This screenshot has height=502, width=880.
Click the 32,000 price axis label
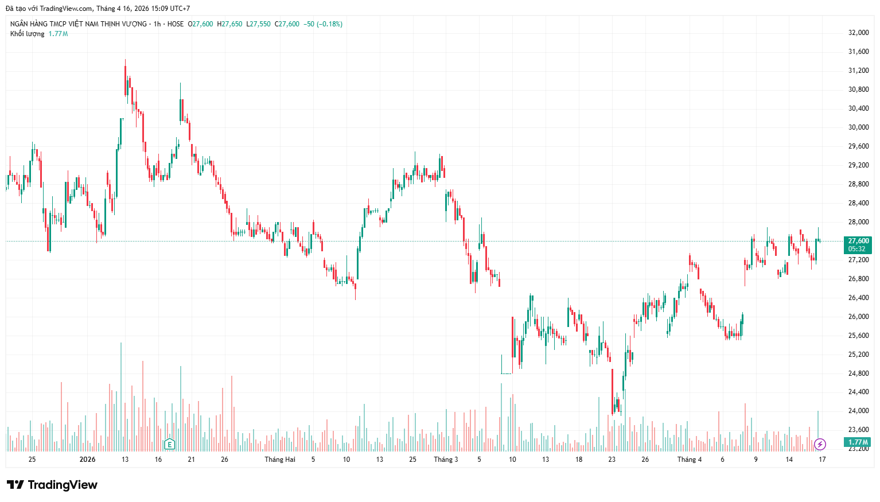858,33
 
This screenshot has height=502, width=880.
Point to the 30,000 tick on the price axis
858,127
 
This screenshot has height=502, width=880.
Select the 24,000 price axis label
858,411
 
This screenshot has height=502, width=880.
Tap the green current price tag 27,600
858,241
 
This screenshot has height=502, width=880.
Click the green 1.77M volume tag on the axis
858,442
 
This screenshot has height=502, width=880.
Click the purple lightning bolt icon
820,444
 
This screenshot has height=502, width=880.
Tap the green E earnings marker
169,444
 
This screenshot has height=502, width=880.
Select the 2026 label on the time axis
88,460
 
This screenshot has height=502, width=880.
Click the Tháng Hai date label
280,460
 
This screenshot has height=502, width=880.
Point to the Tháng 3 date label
446,460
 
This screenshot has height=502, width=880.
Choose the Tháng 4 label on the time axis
689,460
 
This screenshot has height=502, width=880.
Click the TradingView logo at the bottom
52,485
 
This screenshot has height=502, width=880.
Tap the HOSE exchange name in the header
176,24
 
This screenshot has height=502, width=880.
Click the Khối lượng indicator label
27,34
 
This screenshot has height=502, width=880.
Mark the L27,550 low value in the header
258,24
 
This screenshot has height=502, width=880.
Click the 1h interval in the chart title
157,24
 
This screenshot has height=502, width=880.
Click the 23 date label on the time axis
612,460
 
